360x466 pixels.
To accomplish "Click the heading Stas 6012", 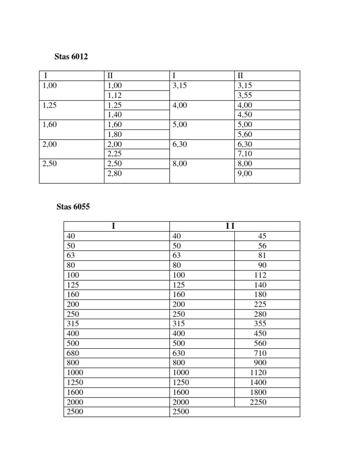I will tap(72, 57).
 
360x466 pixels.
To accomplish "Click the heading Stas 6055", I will tap(72, 208).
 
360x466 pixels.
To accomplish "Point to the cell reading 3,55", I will tap(245, 96).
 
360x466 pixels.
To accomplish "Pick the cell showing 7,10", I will tap(245, 154).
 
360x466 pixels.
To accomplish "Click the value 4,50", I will tap(245, 115).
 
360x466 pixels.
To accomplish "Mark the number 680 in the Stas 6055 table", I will tap(74, 353).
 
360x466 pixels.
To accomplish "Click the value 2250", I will tap(258, 402).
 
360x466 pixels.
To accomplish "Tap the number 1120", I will tap(258, 373).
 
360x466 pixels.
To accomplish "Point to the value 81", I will tap(262, 256).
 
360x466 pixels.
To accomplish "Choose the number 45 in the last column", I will tap(262, 236).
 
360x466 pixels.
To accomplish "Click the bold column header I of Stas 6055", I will tap(113, 226).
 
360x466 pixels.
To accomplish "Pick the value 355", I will tap(260, 324).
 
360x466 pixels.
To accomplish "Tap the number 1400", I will tap(258, 383).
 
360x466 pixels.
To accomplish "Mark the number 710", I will tap(260, 353).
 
